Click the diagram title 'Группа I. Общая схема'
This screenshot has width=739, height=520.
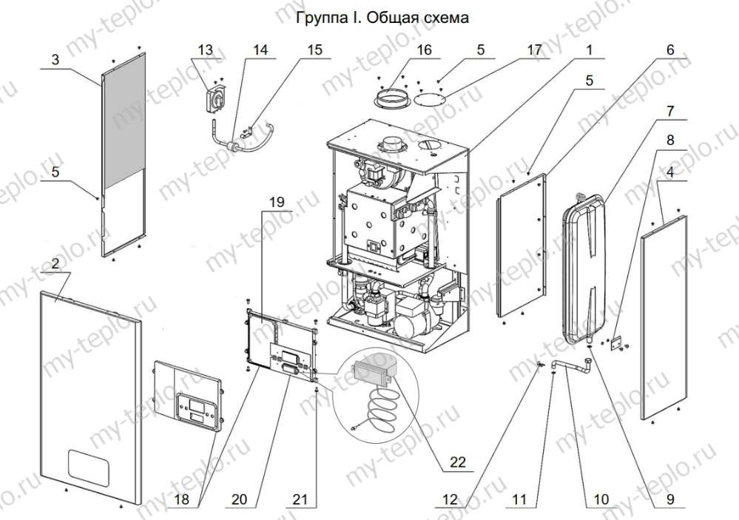coord(382,16)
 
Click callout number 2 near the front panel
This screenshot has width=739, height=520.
coord(55,264)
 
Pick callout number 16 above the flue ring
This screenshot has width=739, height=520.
coord(423,50)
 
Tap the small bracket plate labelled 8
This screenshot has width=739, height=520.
coord(617,342)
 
